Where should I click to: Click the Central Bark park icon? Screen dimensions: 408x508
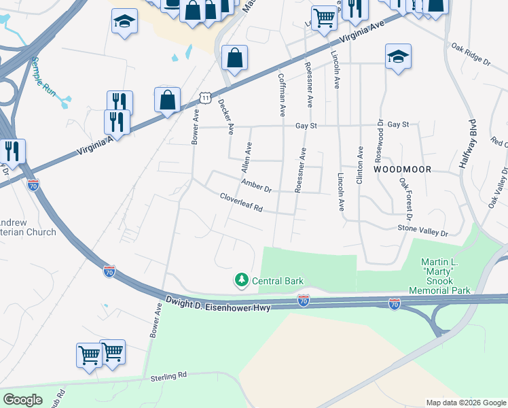point(241,279)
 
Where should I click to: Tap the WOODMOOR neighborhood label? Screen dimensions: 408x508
point(401,169)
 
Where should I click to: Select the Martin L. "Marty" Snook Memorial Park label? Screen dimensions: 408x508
point(439,276)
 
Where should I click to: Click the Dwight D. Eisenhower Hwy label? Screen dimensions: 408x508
point(218,303)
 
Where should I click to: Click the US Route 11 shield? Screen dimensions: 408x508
point(205,99)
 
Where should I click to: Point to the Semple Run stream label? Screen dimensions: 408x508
point(42,75)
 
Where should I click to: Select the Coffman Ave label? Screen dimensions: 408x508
point(282,96)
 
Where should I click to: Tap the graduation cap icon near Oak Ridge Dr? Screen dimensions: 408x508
point(398,56)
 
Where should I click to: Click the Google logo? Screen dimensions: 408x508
point(22,400)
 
